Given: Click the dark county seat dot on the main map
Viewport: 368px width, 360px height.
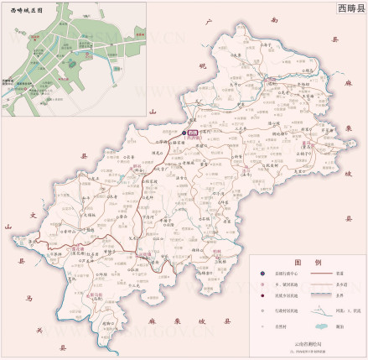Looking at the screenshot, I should pyautogui.click(x=184, y=133).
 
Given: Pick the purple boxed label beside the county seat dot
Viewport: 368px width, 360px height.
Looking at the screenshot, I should pyautogui.click(x=192, y=133).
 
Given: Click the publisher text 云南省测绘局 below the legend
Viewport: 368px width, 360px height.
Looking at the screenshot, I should pyautogui.click(x=308, y=344).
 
